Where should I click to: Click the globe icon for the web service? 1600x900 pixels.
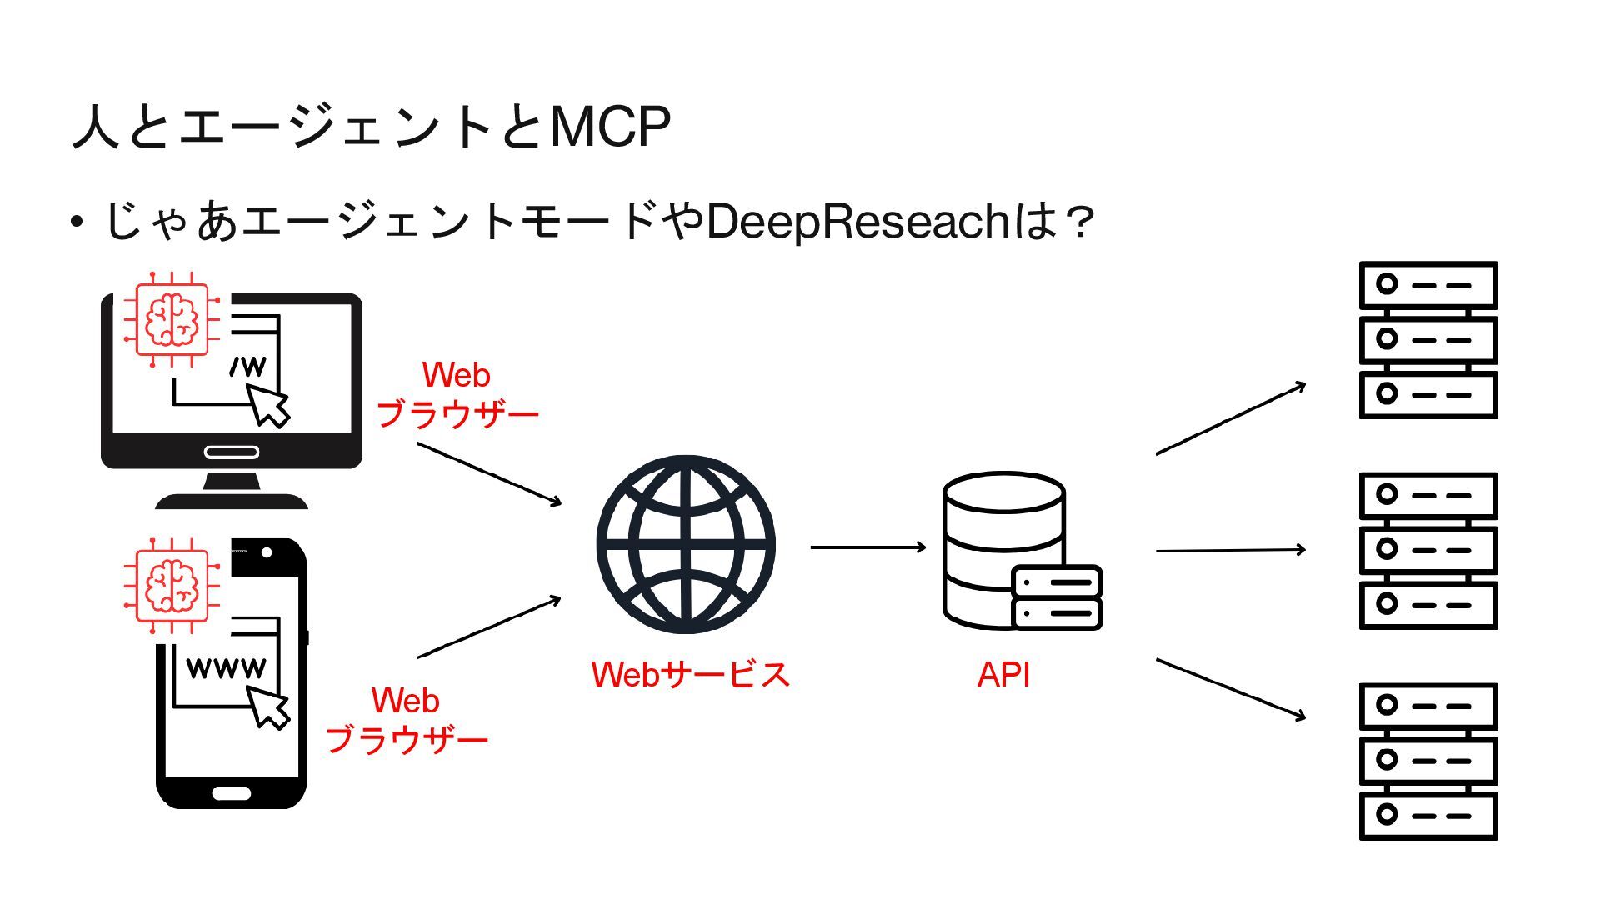686,545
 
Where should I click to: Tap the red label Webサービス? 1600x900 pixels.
690,674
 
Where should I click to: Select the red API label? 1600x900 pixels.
1003,674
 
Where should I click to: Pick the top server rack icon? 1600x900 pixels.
1427,340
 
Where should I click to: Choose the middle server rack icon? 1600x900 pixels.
1427,551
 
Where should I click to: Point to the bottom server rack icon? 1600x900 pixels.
1427,762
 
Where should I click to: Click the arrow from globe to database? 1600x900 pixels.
867,547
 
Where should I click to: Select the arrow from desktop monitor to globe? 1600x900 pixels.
488,473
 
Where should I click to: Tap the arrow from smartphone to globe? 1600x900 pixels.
488,627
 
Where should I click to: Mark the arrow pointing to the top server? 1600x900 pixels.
1230,419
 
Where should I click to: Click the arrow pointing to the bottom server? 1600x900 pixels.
1230,688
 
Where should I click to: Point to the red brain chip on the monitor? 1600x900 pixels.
171,319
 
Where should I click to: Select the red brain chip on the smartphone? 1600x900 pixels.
171,586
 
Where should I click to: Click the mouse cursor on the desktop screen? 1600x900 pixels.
269,405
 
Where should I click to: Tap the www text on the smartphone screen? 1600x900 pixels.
226,667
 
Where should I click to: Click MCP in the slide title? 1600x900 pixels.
610,127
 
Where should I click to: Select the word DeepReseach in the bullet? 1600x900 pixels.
857,222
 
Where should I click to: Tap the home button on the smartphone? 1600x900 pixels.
231,793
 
